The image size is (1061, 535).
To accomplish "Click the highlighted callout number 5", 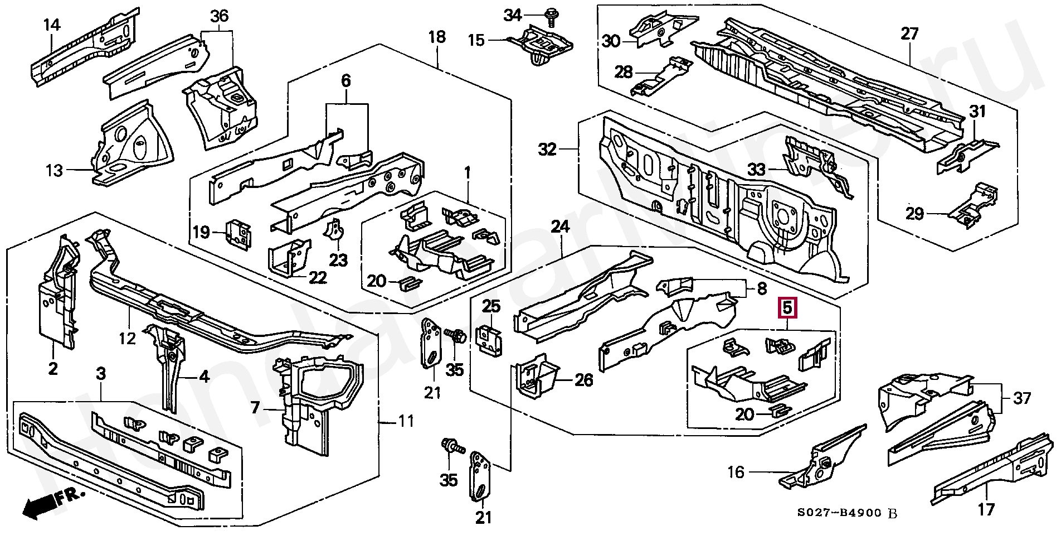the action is (x=788, y=307).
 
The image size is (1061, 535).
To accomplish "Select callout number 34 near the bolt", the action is (x=513, y=15).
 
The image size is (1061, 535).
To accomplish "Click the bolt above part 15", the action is (x=552, y=17).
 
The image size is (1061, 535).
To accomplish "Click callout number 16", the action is (x=736, y=472).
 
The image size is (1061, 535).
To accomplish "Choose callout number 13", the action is (x=54, y=170).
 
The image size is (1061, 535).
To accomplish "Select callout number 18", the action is (x=437, y=37).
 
